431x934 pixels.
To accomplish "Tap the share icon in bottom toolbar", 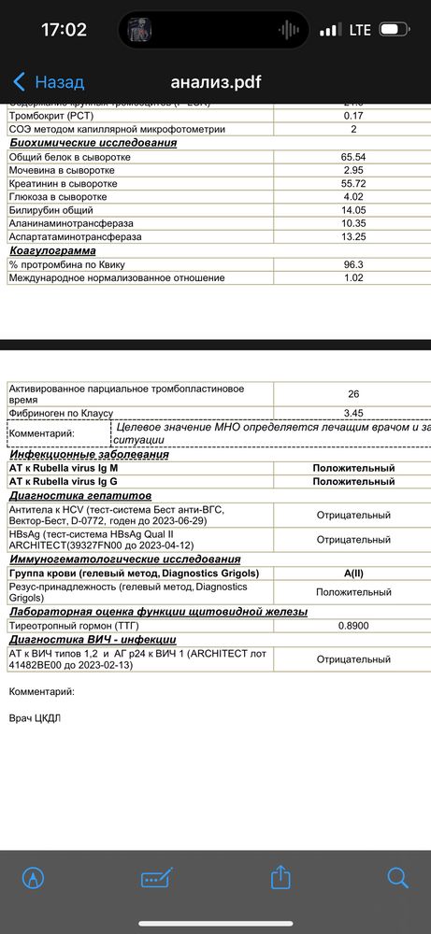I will tap(280, 877).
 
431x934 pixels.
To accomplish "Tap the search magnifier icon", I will tap(398, 877).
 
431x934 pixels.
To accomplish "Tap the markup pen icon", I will tap(34, 878).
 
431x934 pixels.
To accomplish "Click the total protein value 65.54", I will tap(353, 157).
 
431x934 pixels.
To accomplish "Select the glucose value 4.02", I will tap(353, 197).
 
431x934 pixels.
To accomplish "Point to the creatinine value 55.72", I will tap(353, 184).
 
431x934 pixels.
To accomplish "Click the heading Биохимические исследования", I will tap(93, 143).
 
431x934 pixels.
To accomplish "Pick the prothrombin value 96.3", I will tap(353, 264).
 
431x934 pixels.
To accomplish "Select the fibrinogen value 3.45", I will tap(353, 412).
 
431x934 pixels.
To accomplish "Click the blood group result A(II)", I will tap(353, 573).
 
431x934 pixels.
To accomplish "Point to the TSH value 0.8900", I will tap(353, 626).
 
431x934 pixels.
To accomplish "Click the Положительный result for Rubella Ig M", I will tap(353, 468).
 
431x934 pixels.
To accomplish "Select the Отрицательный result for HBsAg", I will tap(353, 540).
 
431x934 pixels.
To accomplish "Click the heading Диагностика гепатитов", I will tap(80, 495).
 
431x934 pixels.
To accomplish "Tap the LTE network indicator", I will tap(360, 30).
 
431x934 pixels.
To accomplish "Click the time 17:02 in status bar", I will tap(65, 30).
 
